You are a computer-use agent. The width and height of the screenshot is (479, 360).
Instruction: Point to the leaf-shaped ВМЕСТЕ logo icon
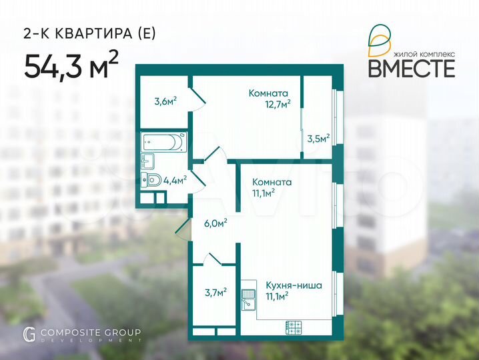(379, 39)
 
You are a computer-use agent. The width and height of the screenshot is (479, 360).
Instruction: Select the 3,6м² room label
(165, 102)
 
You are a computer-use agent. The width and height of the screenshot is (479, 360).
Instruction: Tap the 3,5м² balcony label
(318, 139)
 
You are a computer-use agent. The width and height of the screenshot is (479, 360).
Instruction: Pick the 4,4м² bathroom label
(175, 179)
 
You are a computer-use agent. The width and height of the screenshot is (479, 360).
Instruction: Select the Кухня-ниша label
(294, 285)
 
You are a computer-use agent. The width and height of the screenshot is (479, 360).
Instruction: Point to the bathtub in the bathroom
(163, 142)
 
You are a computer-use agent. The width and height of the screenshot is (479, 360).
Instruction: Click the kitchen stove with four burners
(294, 327)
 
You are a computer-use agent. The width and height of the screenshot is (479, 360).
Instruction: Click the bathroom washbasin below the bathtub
(147, 160)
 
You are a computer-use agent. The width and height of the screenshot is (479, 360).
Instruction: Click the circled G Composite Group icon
(29, 334)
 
